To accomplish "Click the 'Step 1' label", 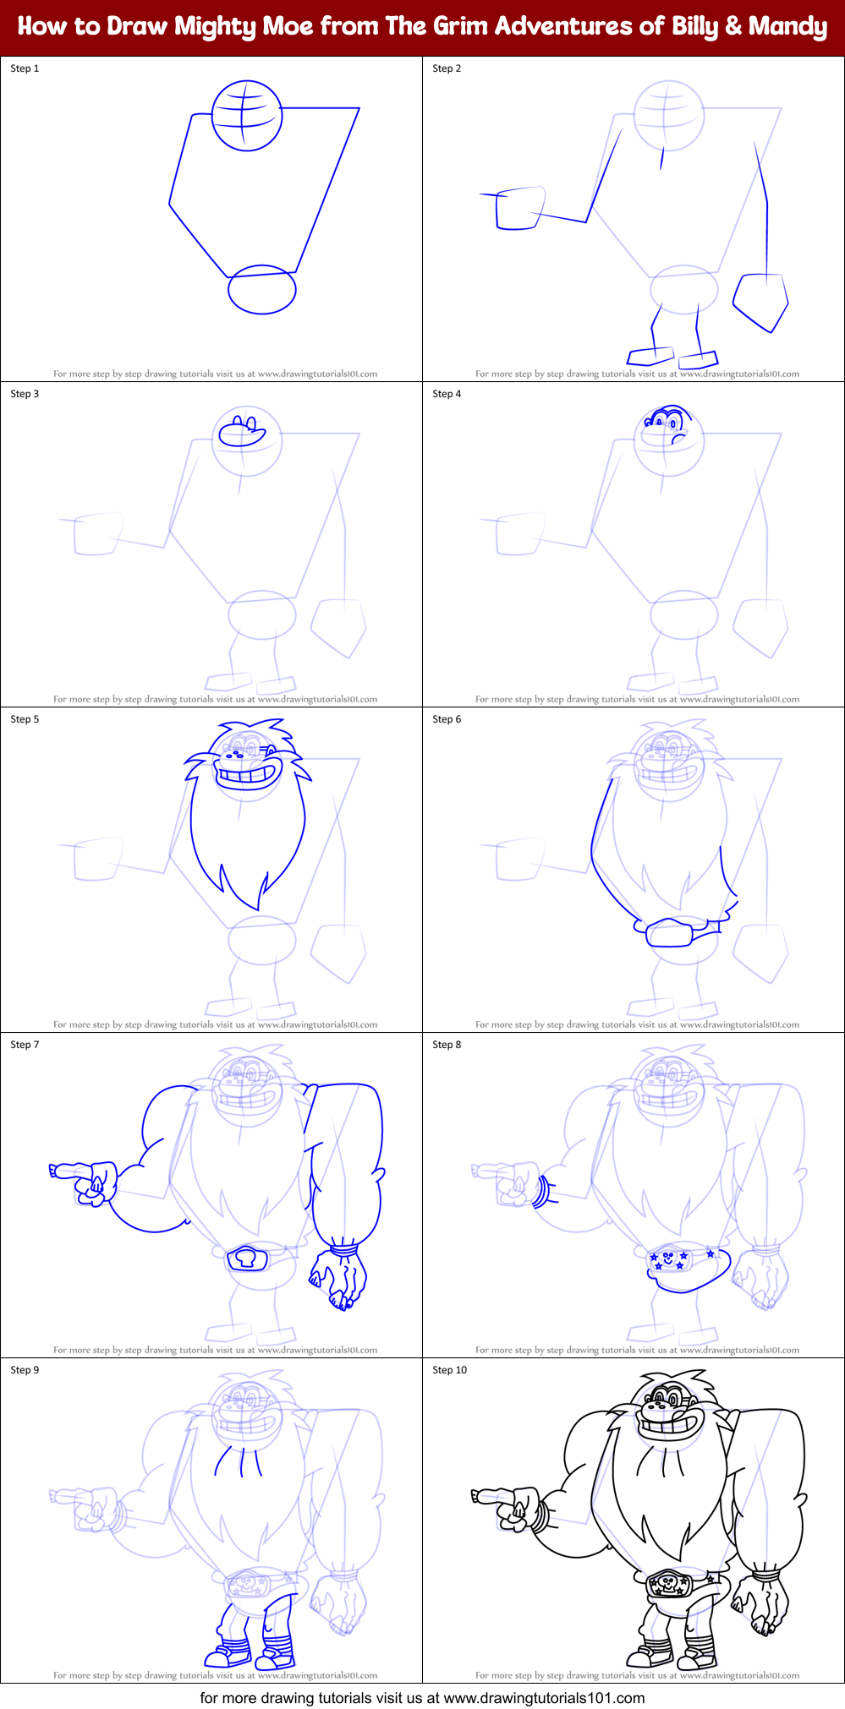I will [x=25, y=68].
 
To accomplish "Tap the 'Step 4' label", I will [x=447, y=394].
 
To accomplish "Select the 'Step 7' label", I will [x=25, y=1045].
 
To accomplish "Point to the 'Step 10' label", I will [x=449, y=1370].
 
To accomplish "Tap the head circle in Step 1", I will [x=246, y=116].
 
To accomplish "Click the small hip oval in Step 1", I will [x=262, y=290].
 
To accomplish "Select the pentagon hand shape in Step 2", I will [x=760, y=301].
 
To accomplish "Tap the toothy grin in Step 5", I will [x=248, y=774].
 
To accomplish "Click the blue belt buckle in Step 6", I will [x=669, y=933].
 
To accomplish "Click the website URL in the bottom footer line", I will [x=544, y=1697].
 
